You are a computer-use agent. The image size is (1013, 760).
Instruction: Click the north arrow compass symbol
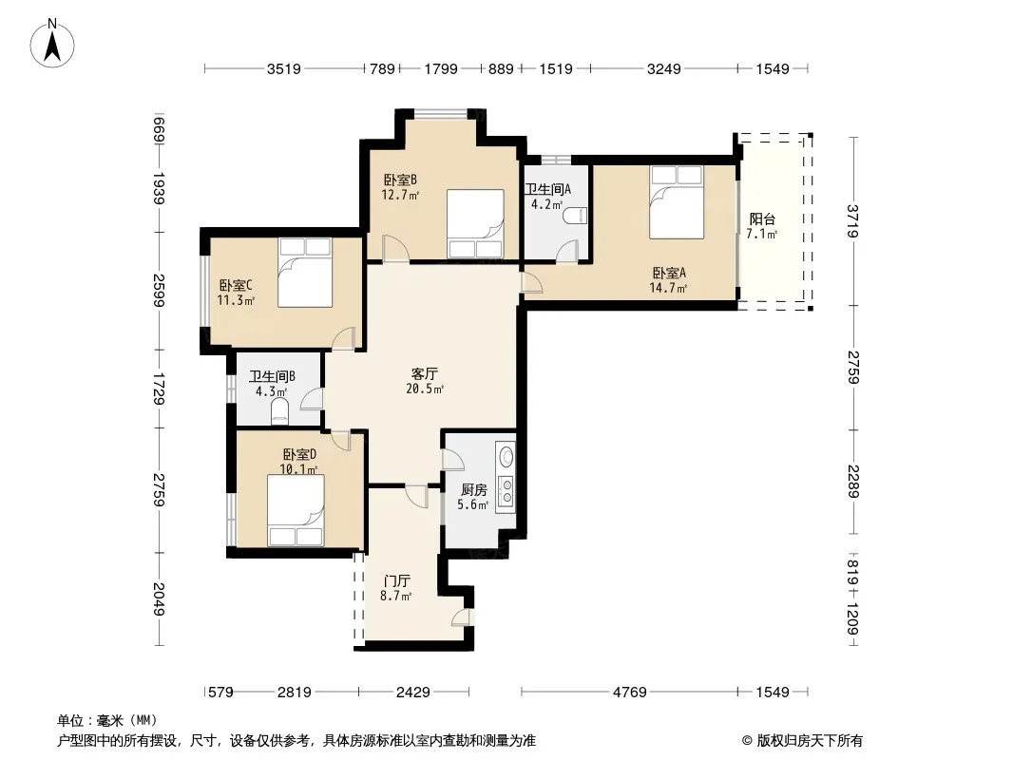point(52,44)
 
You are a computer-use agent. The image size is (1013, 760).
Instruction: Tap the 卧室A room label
point(669,274)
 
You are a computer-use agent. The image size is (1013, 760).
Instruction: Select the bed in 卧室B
point(475,223)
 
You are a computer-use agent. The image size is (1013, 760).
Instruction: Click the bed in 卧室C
point(305,272)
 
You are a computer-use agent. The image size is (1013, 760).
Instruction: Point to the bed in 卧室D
point(296,511)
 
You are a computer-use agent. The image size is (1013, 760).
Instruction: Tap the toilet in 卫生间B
point(279,410)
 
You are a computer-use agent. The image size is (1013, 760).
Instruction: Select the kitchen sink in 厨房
point(506,456)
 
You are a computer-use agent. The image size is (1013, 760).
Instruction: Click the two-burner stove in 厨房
point(506,492)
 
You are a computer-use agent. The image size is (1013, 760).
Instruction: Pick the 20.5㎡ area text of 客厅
point(425,389)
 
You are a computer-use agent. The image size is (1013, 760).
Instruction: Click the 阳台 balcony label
point(762,218)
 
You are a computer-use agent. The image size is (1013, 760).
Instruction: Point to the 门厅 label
point(396,581)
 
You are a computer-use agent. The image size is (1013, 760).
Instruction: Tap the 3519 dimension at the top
point(284,68)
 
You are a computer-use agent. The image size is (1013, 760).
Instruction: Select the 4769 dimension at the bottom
point(630,693)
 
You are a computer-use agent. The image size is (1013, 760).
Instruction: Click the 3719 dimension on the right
point(853,220)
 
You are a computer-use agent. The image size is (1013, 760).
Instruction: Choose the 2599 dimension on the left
point(159,291)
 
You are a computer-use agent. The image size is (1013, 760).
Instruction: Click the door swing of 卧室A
point(532,283)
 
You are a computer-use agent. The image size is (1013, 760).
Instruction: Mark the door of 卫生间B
point(312,398)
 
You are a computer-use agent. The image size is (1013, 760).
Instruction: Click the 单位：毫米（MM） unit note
point(107,721)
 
